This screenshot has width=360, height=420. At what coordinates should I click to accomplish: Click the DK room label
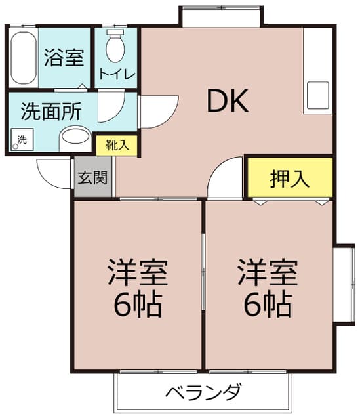228,101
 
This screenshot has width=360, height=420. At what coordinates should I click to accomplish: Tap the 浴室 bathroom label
64,58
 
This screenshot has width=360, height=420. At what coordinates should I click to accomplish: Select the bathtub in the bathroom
24,58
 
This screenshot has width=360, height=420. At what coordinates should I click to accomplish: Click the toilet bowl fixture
115,47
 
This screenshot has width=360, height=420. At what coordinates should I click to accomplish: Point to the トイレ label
117,74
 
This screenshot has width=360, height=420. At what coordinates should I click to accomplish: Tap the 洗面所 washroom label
51,112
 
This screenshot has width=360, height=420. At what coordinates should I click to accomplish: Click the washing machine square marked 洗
22,140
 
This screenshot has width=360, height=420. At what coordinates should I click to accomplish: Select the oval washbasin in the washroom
75,136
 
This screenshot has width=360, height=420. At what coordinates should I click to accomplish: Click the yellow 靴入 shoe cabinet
117,146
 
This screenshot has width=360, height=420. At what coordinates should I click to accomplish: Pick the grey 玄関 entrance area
92,177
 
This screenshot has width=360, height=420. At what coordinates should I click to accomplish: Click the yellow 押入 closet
290,178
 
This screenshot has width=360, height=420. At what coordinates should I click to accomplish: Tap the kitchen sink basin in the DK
318,95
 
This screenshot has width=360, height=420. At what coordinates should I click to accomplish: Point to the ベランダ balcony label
203,392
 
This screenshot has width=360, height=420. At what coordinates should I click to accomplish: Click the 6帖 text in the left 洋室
138,304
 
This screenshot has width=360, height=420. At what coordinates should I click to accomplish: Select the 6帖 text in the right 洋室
268,304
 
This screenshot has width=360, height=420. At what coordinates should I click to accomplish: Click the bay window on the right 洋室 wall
345,285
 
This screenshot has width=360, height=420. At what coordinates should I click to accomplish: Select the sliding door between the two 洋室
203,272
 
